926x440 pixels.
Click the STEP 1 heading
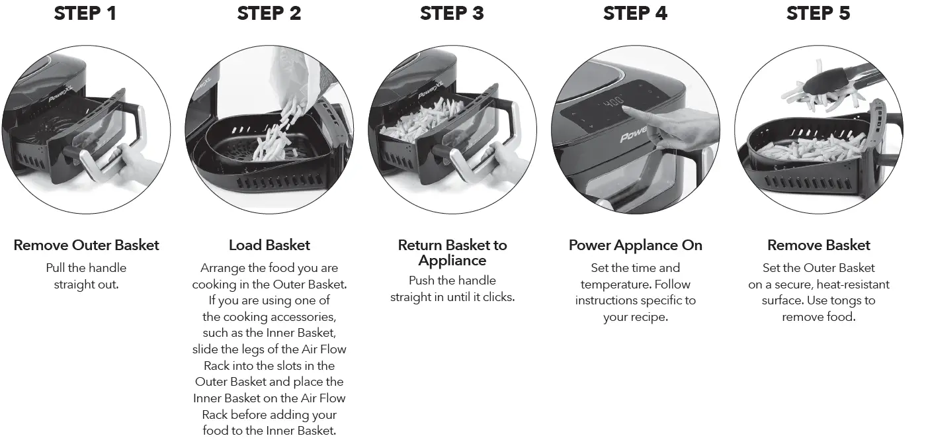85,14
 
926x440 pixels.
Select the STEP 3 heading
452,14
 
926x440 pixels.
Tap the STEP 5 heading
818,14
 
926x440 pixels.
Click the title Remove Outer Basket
86,245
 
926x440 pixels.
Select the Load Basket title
269,245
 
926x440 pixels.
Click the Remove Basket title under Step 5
818,245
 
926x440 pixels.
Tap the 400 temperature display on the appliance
612,103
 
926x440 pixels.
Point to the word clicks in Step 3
497,298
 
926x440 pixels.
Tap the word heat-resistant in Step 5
853,285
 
